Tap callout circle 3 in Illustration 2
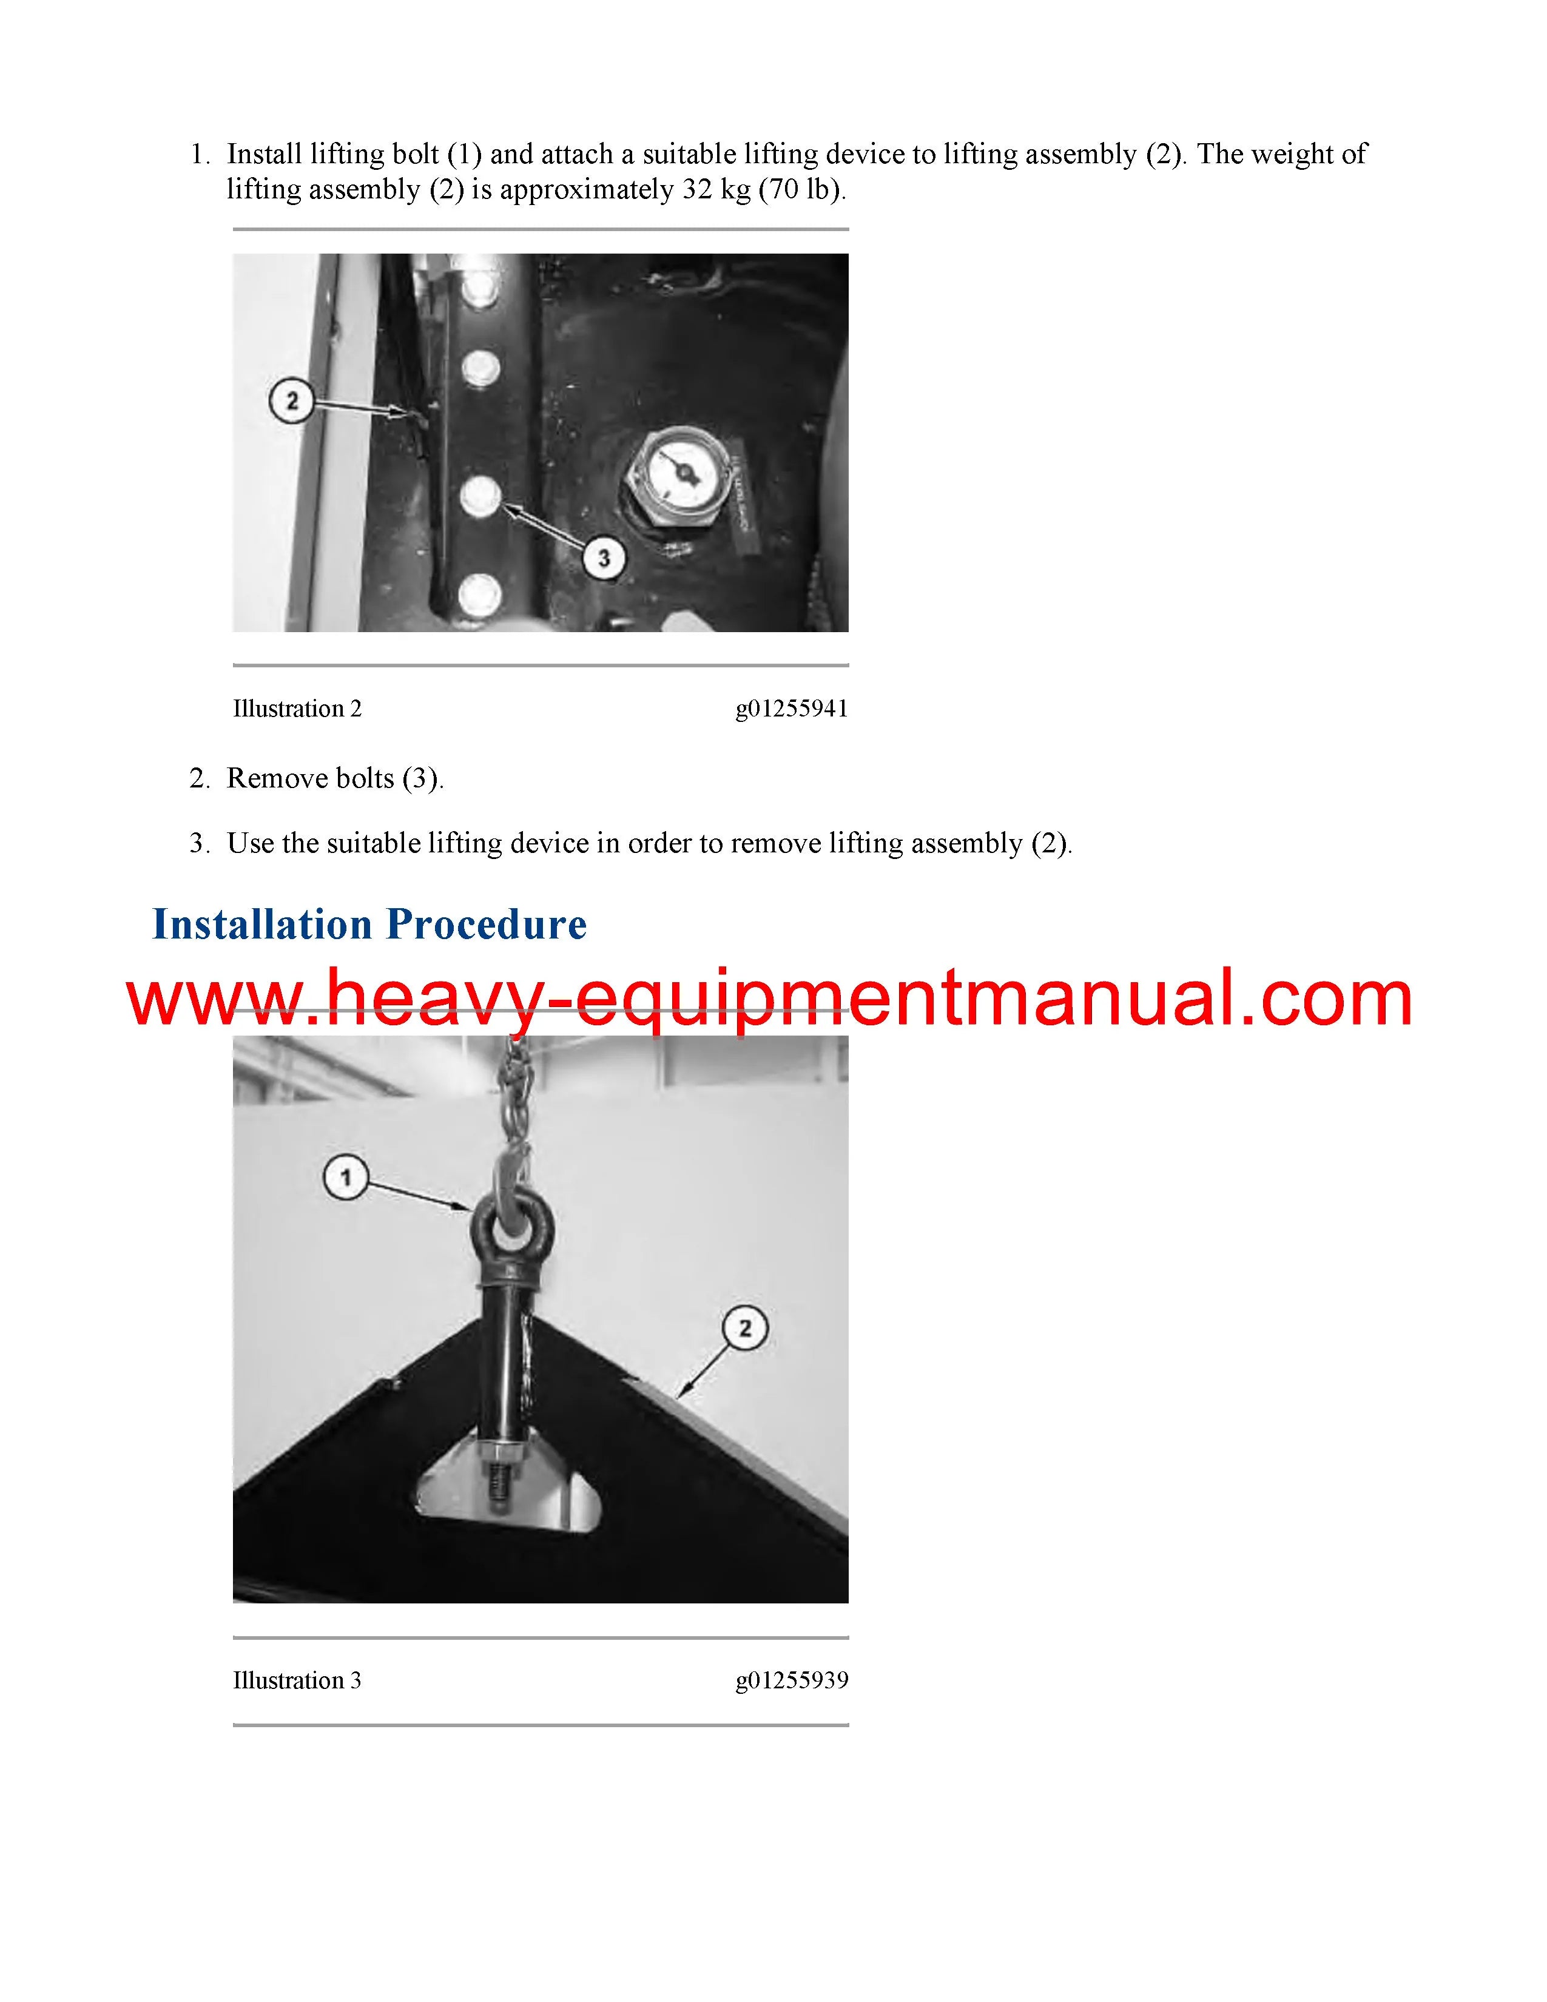pos(603,558)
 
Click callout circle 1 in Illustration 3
pos(346,1176)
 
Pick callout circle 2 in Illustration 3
pos(744,1328)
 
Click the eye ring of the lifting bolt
pos(499,1228)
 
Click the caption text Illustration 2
pos(297,709)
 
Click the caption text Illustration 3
pos(297,1680)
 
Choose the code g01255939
pos(792,1681)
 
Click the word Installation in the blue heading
pos(262,924)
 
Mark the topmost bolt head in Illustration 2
pos(480,291)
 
